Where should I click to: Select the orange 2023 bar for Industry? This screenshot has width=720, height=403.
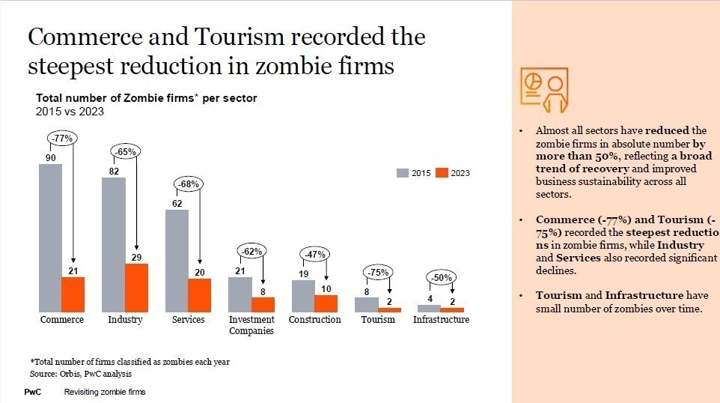tap(136, 288)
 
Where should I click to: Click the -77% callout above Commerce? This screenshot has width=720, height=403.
tap(61, 138)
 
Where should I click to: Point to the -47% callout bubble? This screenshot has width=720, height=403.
tap(315, 255)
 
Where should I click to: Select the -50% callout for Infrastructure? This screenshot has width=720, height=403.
tap(441, 278)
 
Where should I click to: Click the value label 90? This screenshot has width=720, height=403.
tap(50, 157)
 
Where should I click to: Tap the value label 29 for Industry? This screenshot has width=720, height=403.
tap(136, 257)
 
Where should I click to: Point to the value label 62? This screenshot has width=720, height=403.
tap(177, 203)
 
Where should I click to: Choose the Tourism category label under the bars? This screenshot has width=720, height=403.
tap(378, 320)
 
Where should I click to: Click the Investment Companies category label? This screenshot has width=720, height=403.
tap(251, 325)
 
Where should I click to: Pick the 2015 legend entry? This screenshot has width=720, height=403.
tap(415, 173)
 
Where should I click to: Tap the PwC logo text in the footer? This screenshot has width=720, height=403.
tap(33, 392)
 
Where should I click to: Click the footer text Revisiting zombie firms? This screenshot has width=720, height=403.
tap(105, 392)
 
